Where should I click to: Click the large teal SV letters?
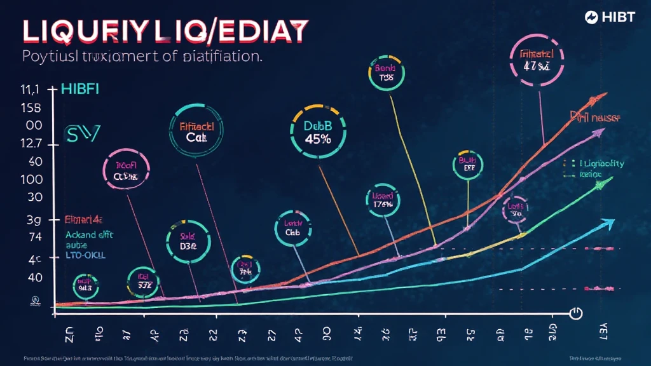coord(83,133)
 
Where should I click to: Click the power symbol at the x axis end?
coord(576,313)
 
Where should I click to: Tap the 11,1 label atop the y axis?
coord(31,90)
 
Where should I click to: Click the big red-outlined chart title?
coord(165,30)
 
